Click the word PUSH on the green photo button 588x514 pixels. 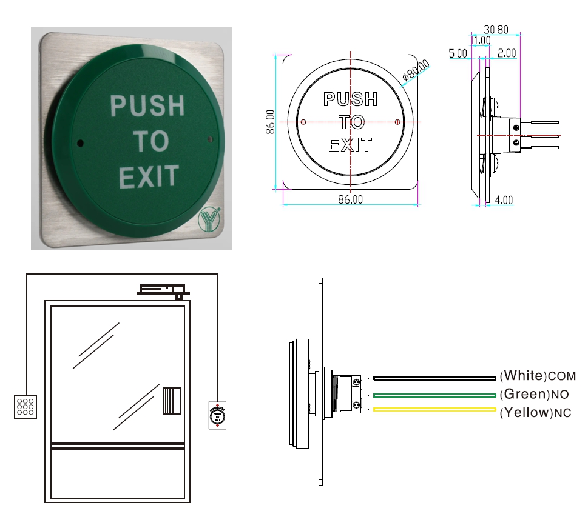pos(147,105)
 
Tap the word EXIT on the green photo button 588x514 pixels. pos(149,176)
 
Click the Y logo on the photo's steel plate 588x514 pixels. pos(209,220)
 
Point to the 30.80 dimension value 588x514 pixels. pos(496,30)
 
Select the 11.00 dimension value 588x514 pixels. pos(481,40)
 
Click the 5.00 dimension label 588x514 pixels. pos(458,53)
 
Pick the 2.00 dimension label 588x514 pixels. pos(507,53)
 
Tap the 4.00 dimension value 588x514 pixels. pos(504,200)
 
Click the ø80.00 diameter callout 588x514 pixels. pos(416,70)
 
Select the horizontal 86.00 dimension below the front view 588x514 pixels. pos(350,199)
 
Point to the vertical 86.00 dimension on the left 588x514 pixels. pos(270,122)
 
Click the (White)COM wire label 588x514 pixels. pos(538,375)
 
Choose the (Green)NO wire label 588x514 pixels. pos(535,394)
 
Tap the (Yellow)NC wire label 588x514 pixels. pos(535,413)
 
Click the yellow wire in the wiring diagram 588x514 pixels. pos(434,410)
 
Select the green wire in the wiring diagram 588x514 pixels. pos(434,395)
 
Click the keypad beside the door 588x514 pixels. pos(25,407)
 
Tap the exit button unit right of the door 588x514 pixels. pos(217,415)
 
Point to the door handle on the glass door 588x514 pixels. pos(172,401)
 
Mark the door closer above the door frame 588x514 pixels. pos(163,290)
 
